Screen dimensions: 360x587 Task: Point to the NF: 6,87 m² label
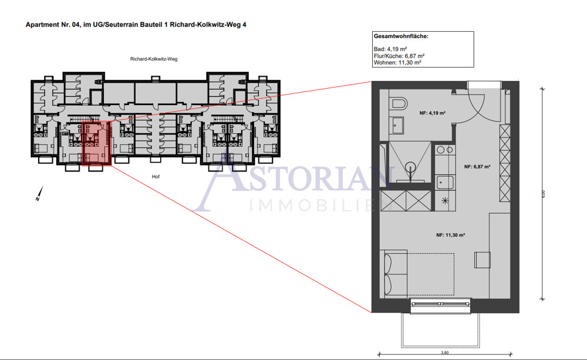pos(477,167)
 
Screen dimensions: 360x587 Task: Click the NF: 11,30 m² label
pos(450,235)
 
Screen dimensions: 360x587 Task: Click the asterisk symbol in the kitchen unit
pos(444,201)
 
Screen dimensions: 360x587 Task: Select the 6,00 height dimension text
pos(543,193)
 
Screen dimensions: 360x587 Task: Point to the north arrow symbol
pos(38,193)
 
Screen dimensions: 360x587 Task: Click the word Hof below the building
pos(155,176)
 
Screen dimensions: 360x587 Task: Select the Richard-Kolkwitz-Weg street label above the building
pos(154,59)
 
